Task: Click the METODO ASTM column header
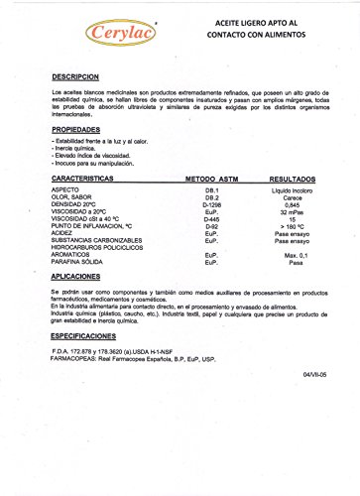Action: [x=209, y=178]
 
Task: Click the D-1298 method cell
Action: [x=211, y=203]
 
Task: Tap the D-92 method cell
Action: [x=211, y=227]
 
